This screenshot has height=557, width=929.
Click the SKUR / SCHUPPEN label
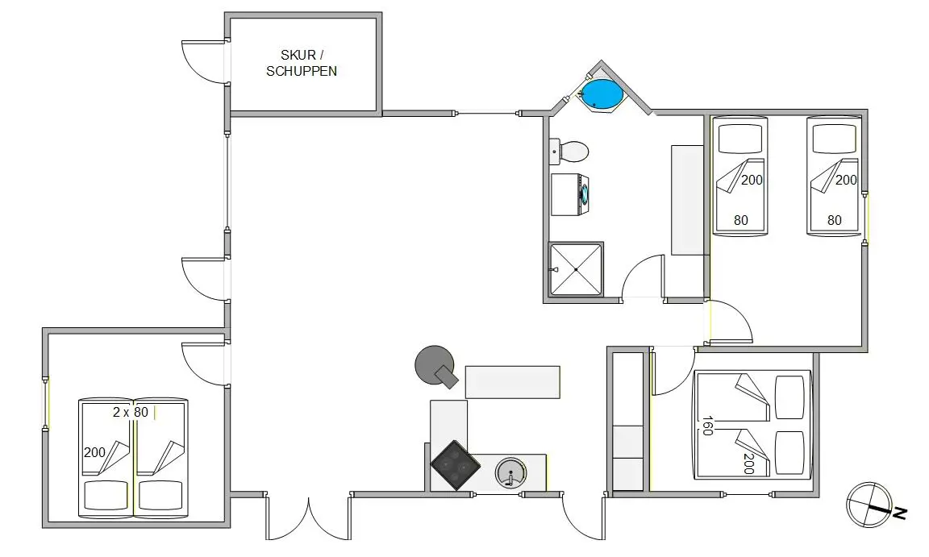302,63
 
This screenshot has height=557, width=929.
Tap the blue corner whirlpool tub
602,94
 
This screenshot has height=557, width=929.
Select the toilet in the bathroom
572,151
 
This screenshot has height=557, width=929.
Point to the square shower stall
575,269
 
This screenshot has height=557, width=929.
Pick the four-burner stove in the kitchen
455,465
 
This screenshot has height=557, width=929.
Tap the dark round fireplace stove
434,364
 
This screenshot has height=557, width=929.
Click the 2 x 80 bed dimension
130,412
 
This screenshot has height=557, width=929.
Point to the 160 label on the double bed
707,426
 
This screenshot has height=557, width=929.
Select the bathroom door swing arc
643,276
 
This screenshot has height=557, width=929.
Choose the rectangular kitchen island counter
512,382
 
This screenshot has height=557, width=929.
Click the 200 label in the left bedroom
94,452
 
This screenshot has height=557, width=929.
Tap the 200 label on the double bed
748,463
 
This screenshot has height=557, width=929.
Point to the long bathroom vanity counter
688,200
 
